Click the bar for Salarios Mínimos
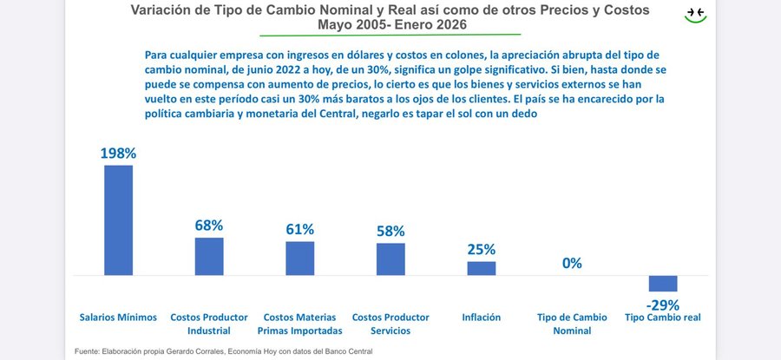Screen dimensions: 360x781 point(118,220)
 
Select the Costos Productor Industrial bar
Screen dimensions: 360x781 point(209,257)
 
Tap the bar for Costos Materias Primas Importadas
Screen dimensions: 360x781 point(299,259)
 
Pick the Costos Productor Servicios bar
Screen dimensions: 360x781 point(390,259)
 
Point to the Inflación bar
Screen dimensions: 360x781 point(482,268)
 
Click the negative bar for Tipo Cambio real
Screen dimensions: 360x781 point(663,284)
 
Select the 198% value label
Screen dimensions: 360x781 point(118,154)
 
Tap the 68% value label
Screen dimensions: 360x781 point(209,226)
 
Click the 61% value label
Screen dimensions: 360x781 point(299,230)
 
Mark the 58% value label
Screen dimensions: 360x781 point(390,232)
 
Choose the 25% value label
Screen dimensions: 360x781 point(482,250)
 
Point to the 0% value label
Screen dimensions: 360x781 point(572,264)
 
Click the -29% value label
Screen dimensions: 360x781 point(663,304)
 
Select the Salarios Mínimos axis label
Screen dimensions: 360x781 point(118,317)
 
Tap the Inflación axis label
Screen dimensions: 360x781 point(482,317)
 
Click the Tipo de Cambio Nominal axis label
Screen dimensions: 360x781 point(572,324)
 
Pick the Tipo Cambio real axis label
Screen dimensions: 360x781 point(663,317)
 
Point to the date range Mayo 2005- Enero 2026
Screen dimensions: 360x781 point(392,25)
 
